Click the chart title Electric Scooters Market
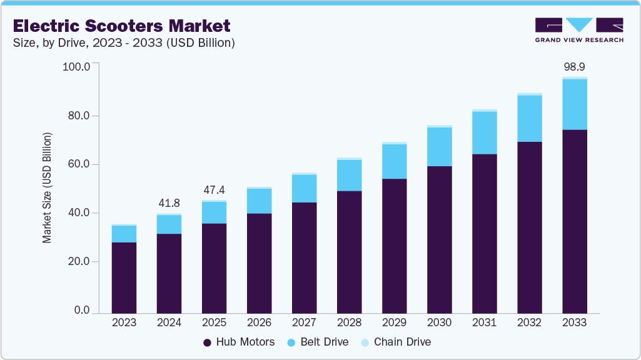tap(121, 26)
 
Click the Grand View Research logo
tap(579, 30)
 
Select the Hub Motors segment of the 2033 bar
tap(574, 221)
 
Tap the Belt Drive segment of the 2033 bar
tap(574, 104)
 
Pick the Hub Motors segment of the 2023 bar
tap(124, 277)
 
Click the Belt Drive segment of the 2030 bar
tap(439, 147)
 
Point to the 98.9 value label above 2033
tap(574, 67)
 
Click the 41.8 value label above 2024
tap(169, 203)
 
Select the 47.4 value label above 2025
tap(214, 189)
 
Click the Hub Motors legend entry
tap(239, 342)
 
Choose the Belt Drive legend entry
tap(316, 342)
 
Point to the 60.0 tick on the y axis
tap(78, 164)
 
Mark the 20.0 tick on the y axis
tap(78, 262)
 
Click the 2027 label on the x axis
tap(304, 323)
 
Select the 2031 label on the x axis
tap(484, 323)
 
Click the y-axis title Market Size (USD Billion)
tap(47, 187)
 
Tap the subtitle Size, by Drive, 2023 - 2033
tap(124, 43)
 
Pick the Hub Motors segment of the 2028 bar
tap(349, 252)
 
